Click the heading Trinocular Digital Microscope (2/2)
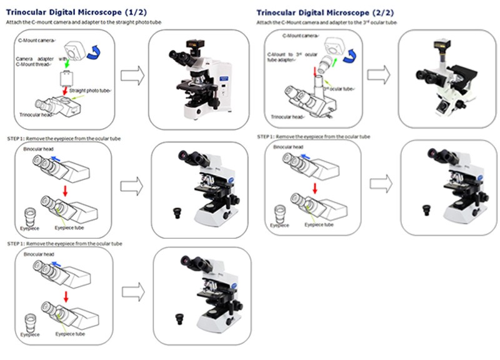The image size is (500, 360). coord(325,12)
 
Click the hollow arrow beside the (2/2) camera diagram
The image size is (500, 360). coord(379,76)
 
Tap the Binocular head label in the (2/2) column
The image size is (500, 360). coord(289,147)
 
